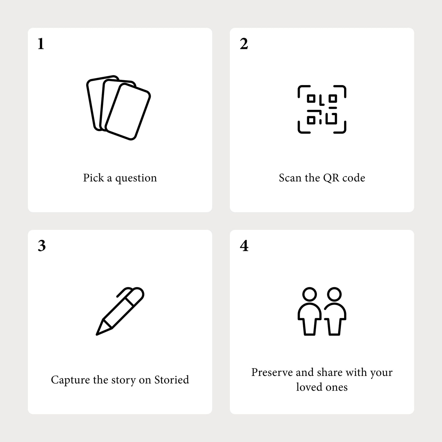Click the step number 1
(41, 43)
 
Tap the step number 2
(244, 43)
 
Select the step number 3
(42, 246)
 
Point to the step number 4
(244, 246)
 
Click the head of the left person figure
(310, 294)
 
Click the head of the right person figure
(334, 294)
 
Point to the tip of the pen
(97, 335)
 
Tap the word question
(136, 178)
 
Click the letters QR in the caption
(331, 178)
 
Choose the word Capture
(70, 380)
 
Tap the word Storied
(172, 380)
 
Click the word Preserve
(272, 372)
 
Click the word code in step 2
(354, 178)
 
